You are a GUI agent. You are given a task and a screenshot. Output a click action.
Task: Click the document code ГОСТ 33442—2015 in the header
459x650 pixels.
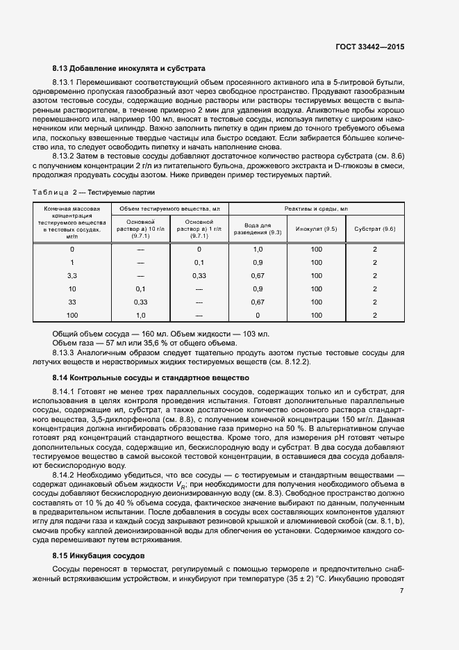coord(369,47)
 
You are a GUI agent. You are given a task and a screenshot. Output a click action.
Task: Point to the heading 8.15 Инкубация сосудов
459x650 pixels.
coord(99,556)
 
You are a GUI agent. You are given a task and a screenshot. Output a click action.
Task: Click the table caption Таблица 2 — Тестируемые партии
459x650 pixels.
coord(94,191)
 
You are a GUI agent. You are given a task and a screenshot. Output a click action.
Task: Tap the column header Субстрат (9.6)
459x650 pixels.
coord(374,228)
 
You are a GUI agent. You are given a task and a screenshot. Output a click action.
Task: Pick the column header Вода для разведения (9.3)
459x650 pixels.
coord(258,228)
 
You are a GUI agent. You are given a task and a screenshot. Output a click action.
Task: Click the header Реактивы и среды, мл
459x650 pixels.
coord(316,209)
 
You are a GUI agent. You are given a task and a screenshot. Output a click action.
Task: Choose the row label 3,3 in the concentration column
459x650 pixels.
coord(72,275)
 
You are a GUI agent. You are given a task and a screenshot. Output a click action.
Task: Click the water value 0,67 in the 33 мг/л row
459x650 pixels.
coord(258,302)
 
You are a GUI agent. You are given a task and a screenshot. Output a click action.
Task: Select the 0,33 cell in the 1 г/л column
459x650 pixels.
coord(199,275)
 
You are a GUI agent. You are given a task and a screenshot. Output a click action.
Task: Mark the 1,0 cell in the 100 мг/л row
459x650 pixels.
coord(140,315)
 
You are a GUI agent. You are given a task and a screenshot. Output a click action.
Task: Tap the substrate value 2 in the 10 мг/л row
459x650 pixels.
coord(374,289)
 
